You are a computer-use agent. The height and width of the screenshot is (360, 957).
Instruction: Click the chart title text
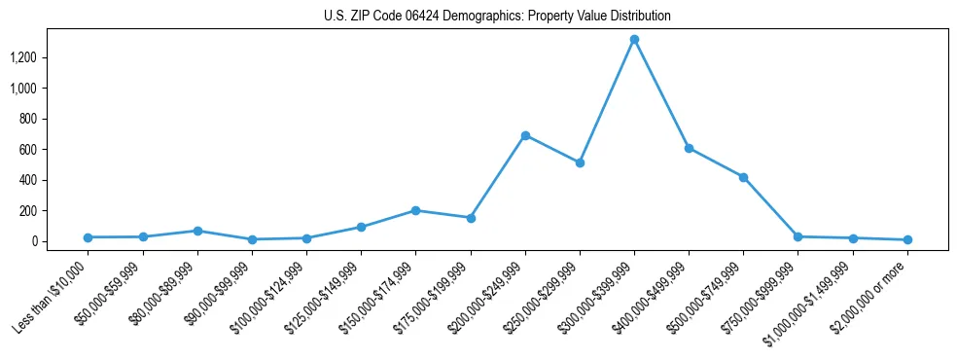(497, 17)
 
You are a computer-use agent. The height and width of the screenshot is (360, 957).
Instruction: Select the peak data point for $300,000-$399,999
(634, 40)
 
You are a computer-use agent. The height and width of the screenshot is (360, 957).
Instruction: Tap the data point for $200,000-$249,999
(525, 135)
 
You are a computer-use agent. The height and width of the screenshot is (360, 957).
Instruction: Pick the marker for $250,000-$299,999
(580, 162)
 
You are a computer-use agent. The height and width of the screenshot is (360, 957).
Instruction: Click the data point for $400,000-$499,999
(689, 149)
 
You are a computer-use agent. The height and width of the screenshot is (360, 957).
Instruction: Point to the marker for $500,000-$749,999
(743, 177)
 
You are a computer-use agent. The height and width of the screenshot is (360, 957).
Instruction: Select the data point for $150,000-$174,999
(415, 210)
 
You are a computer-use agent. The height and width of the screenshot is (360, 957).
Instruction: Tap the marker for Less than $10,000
(89, 237)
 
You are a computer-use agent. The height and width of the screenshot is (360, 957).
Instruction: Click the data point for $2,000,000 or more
(906, 239)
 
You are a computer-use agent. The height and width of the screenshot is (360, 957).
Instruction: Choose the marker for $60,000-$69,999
(197, 231)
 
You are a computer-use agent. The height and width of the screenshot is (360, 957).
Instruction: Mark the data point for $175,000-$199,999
(471, 218)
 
